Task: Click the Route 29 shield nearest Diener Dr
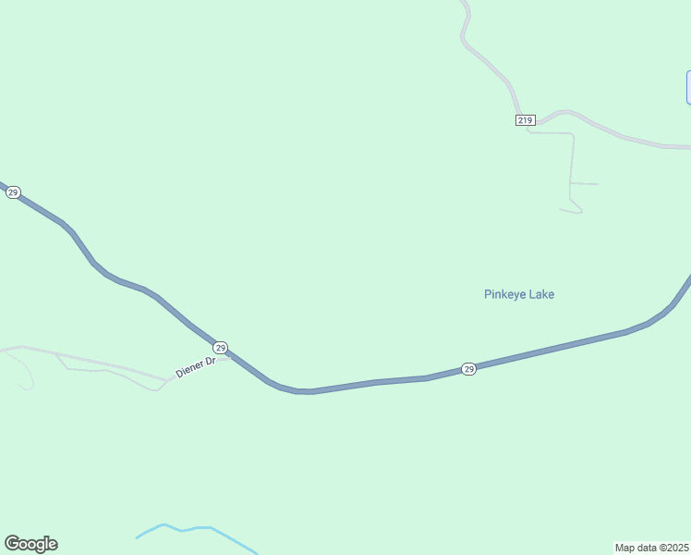coord(221,347)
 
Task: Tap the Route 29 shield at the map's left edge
coord(13,192)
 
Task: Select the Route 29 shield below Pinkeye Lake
coord(469,368)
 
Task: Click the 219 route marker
coord(525,120)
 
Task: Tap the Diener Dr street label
coord(195,367)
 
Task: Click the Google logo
coord(30,544)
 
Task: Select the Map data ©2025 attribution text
coord(652,548)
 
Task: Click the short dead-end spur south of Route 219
coord(585,183)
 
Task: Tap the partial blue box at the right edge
coord(688,87)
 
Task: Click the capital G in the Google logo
coord(12,544)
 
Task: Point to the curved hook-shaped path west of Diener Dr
coord(26,375)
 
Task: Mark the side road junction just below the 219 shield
coord(528,132)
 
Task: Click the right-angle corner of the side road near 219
coord(573,134)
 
